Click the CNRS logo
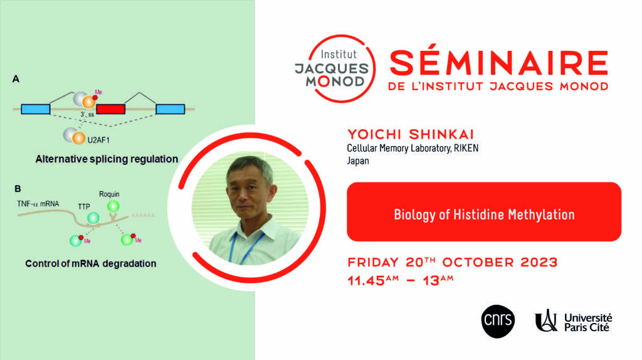(x=498, y=322)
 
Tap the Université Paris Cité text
(x=588, y=322)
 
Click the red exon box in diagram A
(x=110, y=109)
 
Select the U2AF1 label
(x=98, y=140)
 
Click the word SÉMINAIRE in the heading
(x=499, y=63)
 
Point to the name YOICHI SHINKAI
(x=411, y=134)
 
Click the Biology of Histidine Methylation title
(x=484, y=214)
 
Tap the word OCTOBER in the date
(x=478, y=263)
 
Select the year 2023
(x=539, y=263)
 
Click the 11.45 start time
(x=366, y=281)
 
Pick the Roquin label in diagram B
(x=109, y=194)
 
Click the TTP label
(x=84, y=207)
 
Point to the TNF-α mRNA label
(x=38, y=204)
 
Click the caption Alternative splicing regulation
(x=107, y=159)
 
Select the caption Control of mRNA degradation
(x=91, y=263)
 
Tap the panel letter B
(x=18, y=189)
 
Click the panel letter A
(x=16, y=78)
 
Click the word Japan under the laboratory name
(x=358, y=161)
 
